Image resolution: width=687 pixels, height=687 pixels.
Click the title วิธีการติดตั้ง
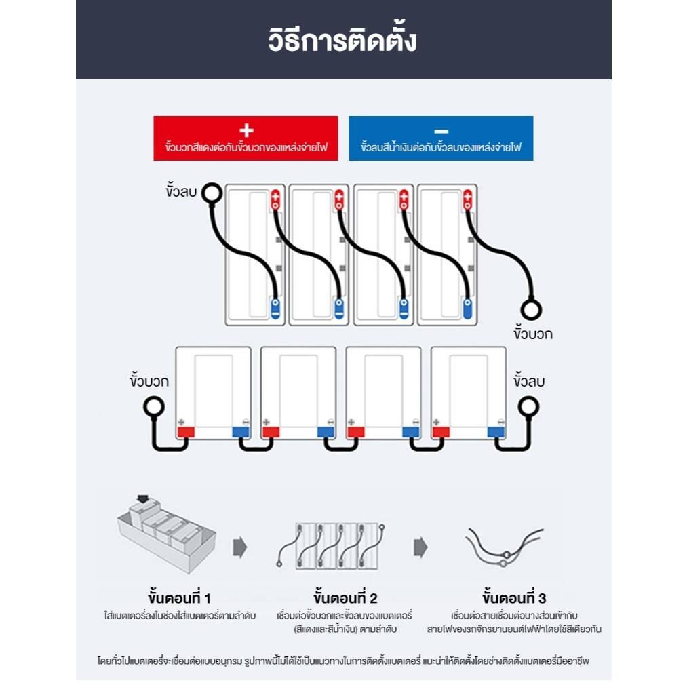point(342,40)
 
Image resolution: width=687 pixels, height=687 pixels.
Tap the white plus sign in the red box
point(246,131)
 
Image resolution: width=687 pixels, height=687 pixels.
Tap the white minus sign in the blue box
point(441,131)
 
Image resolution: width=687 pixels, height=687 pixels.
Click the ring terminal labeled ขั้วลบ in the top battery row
point(212,193)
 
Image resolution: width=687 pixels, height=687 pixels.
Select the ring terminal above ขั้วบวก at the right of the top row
point(532,310)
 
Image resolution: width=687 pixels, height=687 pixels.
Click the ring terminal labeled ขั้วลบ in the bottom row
point(528,407)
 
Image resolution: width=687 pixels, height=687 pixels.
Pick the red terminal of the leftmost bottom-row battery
point(186,431)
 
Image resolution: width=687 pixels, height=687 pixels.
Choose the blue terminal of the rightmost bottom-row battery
point(496,431)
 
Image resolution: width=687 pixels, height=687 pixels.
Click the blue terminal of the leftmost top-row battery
point(275,308)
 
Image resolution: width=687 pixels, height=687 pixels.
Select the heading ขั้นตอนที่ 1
point(179,598)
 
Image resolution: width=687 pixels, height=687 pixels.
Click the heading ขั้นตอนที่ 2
point(345,598)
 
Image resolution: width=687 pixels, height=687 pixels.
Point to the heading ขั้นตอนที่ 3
point(514,598)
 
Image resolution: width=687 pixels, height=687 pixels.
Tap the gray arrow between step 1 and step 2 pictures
point(239,547)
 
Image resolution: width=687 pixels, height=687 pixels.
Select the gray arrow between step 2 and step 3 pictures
point(421,547)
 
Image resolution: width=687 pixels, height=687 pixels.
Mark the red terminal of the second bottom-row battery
point(271,431)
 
